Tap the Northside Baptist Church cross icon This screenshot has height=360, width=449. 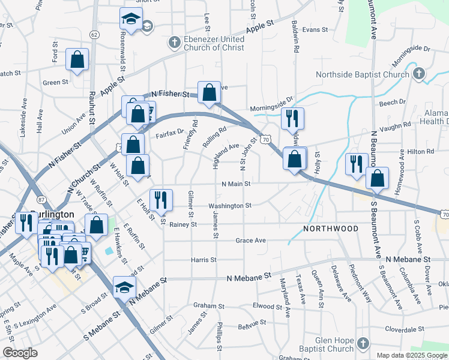click(x=419, y=74)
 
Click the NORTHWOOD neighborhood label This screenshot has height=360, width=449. click(x=331, y=229)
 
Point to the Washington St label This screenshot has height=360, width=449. click(x=229, y=205)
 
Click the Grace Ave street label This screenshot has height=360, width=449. click(x=250, y=240)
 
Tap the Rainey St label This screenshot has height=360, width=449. click(x=183, y=224)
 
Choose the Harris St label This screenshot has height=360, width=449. click(x=203, y=260)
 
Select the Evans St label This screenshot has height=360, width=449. click(x=315, y=29)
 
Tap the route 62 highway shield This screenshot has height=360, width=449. click(x=94, y=35)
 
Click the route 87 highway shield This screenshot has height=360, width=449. click(x=40, y=199)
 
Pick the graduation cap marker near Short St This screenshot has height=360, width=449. click(x=130, y=20)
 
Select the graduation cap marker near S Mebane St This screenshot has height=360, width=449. click(x=124, y=288)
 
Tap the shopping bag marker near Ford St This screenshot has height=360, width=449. click(x=77, y=59)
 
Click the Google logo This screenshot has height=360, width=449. click(x=20, y=353)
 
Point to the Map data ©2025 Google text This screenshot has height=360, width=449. click(x=412, y=355)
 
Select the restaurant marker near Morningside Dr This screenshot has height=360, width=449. click(x=293, y=119)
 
